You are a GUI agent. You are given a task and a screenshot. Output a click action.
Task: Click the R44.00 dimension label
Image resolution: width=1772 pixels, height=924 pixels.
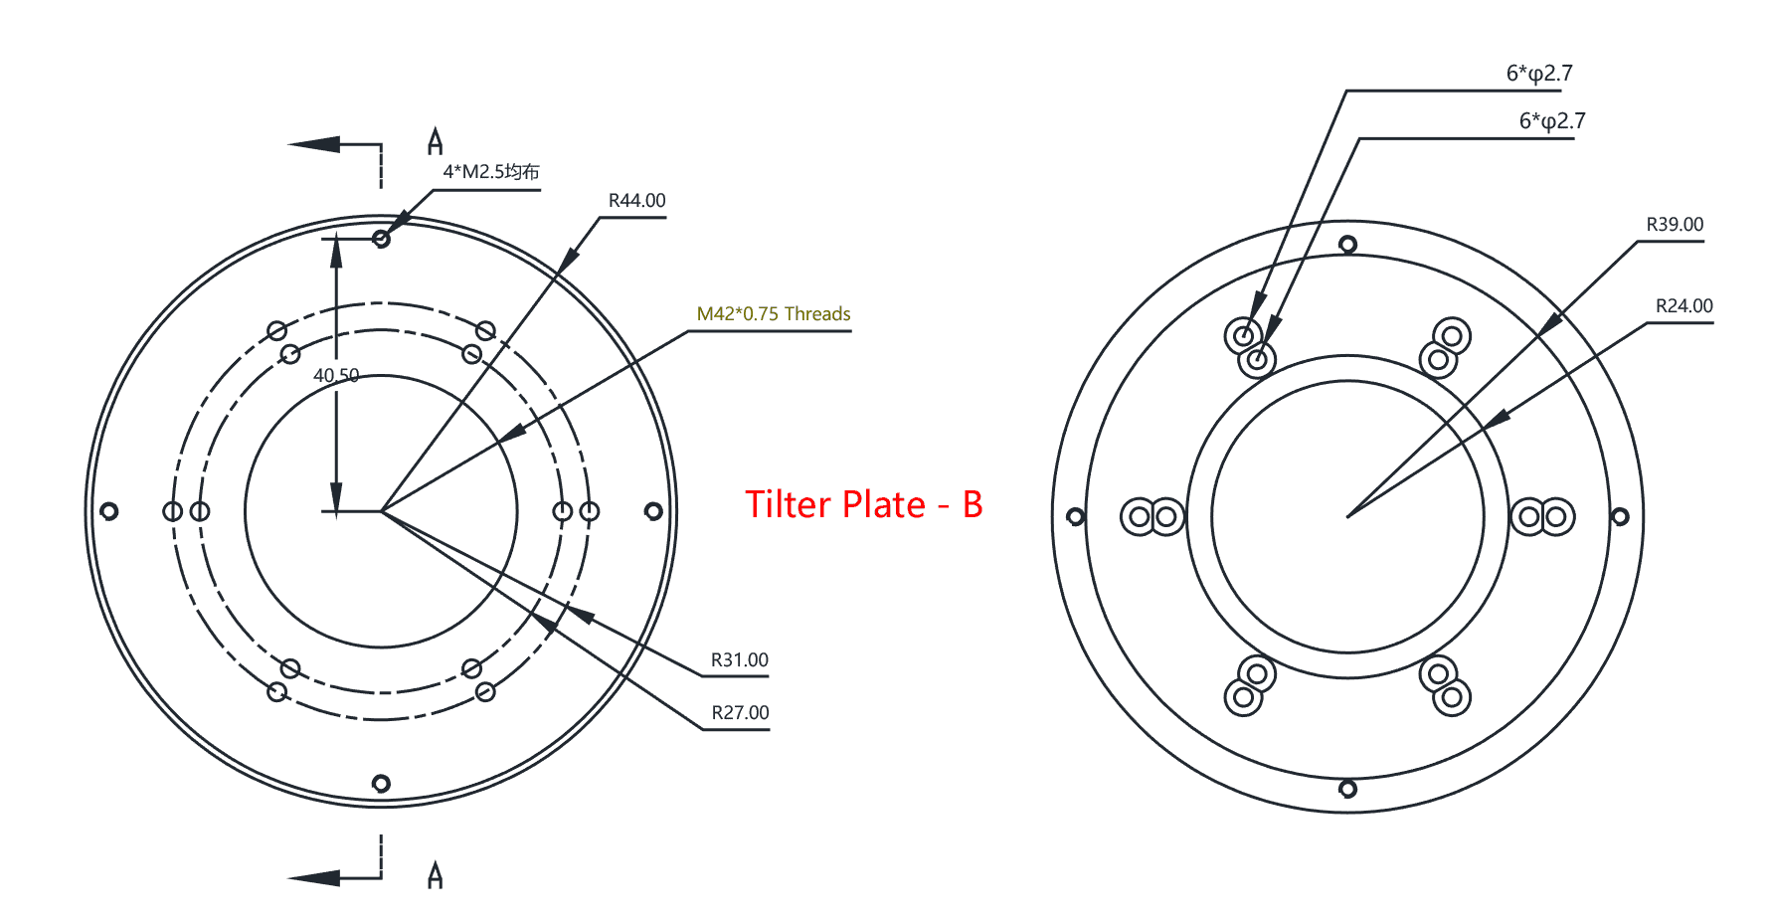pyautogui.click(x=636, y=201)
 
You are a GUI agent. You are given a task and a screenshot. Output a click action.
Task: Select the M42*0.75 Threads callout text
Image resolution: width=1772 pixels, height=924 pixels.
pyautogui.click(x=773, y=314)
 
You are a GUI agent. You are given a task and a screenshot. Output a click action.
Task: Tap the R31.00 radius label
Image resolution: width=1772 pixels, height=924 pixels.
pyautogui.click(x=739, y=660)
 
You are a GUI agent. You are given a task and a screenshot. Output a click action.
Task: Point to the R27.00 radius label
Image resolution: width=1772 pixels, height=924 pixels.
pyautogui.click(x=740, y=713)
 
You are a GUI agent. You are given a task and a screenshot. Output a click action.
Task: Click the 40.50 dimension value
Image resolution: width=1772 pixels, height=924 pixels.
pyautogui.click(x=336, y=376)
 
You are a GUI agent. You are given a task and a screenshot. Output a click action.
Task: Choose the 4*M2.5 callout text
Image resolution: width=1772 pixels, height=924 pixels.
pyautogui.click(x=490, y=172)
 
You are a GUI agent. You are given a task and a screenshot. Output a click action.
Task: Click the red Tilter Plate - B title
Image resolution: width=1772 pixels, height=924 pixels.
pyautogui.click(x=863, y=505)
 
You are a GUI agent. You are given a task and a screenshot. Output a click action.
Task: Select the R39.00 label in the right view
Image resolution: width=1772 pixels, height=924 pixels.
pyautogui.click(x=1675, y=225)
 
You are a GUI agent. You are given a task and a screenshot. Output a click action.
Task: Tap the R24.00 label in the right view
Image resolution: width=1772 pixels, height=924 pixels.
pyautogui.click(x=1683, y=306)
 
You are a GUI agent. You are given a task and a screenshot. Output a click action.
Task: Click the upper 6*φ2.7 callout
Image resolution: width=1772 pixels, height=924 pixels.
pyautogui.click(x=1538, y=74)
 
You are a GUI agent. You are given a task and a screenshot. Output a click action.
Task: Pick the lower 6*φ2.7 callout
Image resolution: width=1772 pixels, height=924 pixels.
pyautogui.click(x=1551, y=121)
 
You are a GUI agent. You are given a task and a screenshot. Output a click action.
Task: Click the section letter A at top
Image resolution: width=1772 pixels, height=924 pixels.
pyautogui.click(x=435, y=142)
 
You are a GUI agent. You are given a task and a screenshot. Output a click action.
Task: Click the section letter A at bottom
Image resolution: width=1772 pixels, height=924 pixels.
pyautogui.click(x=435, y=875)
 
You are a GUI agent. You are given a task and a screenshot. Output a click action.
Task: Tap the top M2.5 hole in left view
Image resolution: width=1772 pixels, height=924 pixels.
pyautogui.click(x=381, y=239)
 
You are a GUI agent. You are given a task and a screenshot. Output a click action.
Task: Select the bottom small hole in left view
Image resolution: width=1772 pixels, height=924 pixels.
pyautogui.click(x=381, y=784)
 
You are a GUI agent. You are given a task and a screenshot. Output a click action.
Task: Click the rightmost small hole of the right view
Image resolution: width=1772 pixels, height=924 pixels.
pyautogui.click(x=1620, y=517)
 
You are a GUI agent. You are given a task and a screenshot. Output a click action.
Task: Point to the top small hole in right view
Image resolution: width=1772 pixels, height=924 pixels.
pyautogui.click(x=1347, y=245)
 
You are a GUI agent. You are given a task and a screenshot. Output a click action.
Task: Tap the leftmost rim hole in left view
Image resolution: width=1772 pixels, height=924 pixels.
pyautogui.click(x=109, y=511)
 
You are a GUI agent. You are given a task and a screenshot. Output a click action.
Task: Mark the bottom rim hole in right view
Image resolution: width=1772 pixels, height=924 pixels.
pyautogui.click(x=1347, y=790)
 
